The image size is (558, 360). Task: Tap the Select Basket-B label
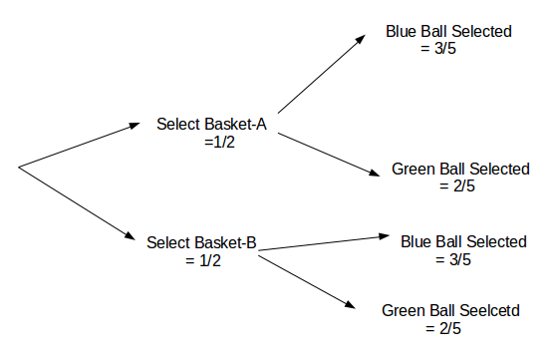[x=202, y=242]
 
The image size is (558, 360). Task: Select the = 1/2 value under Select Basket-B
[x=202, y=260]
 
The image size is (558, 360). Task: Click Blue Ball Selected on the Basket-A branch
[x=448, y=32]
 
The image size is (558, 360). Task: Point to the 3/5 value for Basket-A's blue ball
[x=448, y=49]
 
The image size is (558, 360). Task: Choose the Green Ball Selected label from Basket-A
[x=460, y=169]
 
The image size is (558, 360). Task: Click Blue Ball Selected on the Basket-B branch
[x=462, y=242]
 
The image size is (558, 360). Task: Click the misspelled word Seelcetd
[x=486, y=310]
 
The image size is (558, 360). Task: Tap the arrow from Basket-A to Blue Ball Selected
[x=320, y=74]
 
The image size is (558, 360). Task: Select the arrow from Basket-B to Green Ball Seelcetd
[x=309, y=281]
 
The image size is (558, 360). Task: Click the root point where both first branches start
[x=20, y=165]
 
